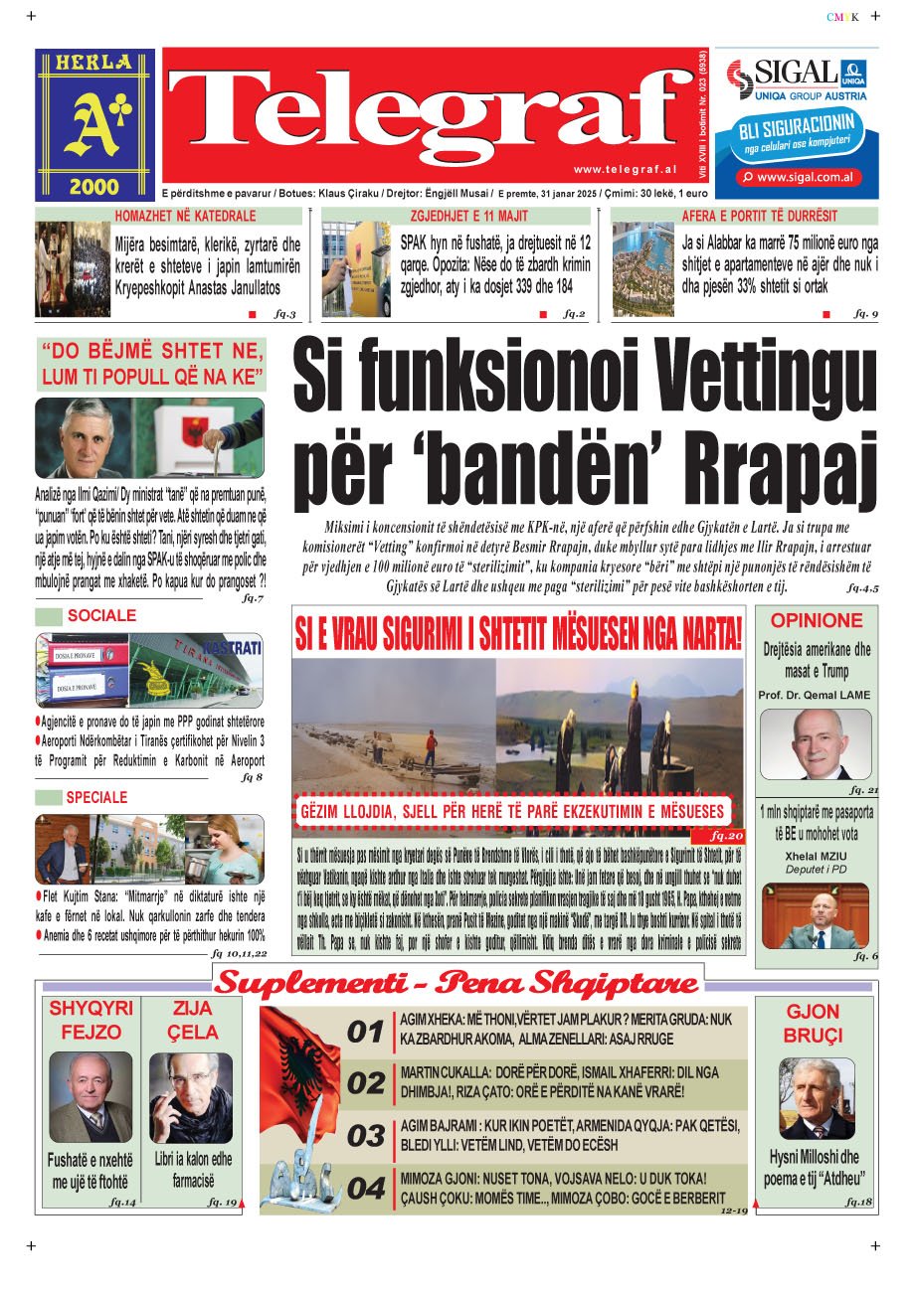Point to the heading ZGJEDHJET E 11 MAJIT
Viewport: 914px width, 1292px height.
click(x=463, y=216)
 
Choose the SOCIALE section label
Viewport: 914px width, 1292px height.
click(x=101, y=616)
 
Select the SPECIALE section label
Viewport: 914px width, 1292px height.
click(x=96, y=797)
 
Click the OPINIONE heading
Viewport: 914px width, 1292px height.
click(x=817, y=621)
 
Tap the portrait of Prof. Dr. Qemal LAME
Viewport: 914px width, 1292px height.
click(x=816, y=743)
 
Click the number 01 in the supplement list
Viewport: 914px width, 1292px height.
click(x=366, y=1032)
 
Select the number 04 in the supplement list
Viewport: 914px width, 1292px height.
click(x=366, y=1188)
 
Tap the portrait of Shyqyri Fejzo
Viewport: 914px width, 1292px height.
click(x=91, y=1097)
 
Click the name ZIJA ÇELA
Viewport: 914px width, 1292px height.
click(x=192, y=1022)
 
